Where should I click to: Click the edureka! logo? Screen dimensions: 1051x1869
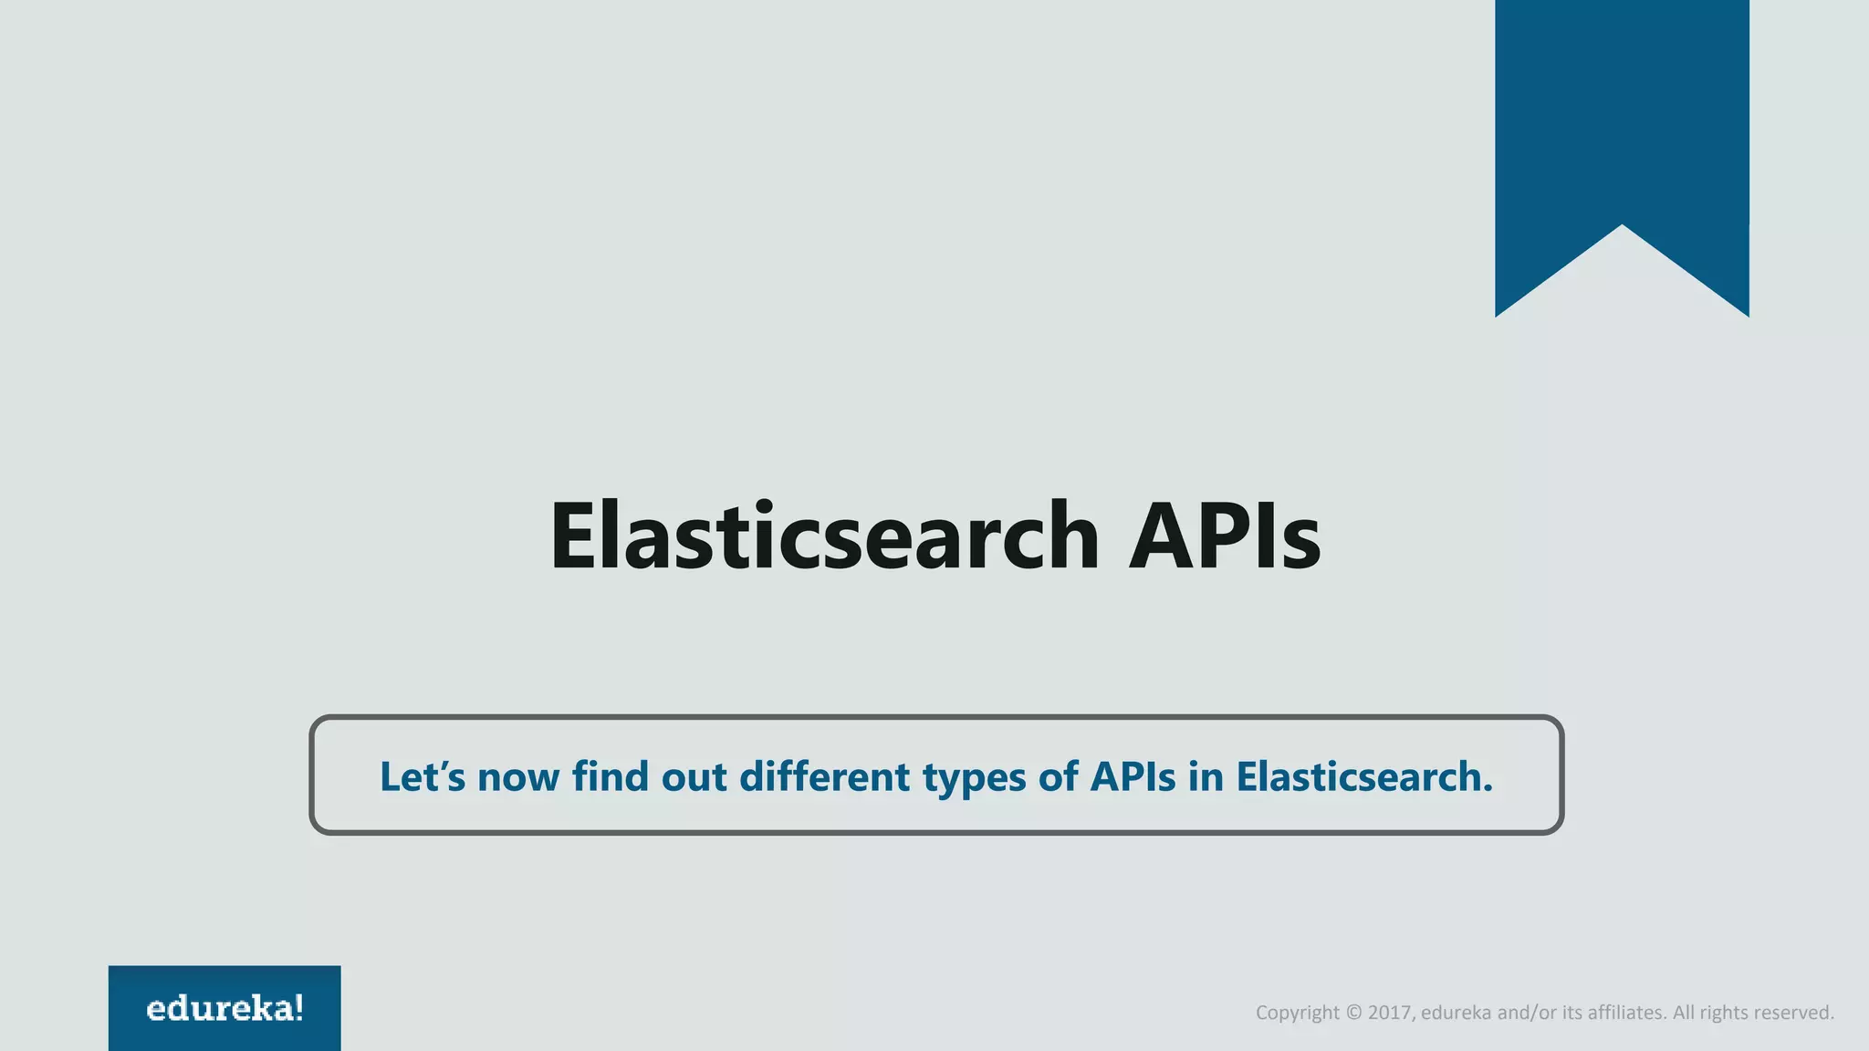click(x=224, y=1008)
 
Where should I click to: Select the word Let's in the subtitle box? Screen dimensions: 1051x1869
click(x=423, y=776)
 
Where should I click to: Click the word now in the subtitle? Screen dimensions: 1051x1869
click(x=517, y=778)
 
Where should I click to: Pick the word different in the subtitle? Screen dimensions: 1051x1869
click(x=824, y=776)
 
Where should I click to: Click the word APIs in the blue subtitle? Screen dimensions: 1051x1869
click(x=1133, y=776)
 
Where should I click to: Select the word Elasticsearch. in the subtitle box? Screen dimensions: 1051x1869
click(x=1364, y=776)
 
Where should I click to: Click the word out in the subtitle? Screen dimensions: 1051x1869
click(x=694, y=776)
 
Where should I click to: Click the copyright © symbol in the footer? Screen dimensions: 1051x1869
click(x=1353, y=1013)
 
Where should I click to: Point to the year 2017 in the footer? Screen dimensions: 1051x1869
click(x=1390, y=1013)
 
